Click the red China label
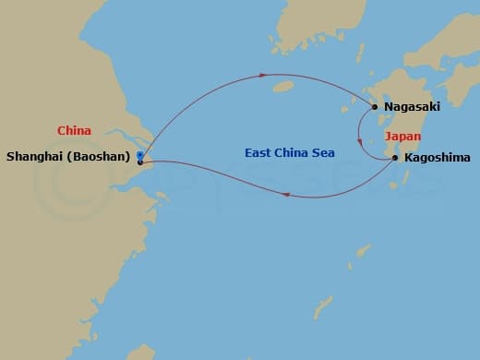tap(74, 132)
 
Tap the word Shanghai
tap(36, 158)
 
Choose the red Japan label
tap(402, 136)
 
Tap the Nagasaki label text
tap(413, 107)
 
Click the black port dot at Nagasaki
tap(375, 107)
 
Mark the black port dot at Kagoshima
tap(396, 158)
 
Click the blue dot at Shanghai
tap(139, 154)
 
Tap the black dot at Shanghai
tap(139, 162)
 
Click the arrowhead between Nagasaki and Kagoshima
tap(359, 141)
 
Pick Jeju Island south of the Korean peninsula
tap(283, 88)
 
